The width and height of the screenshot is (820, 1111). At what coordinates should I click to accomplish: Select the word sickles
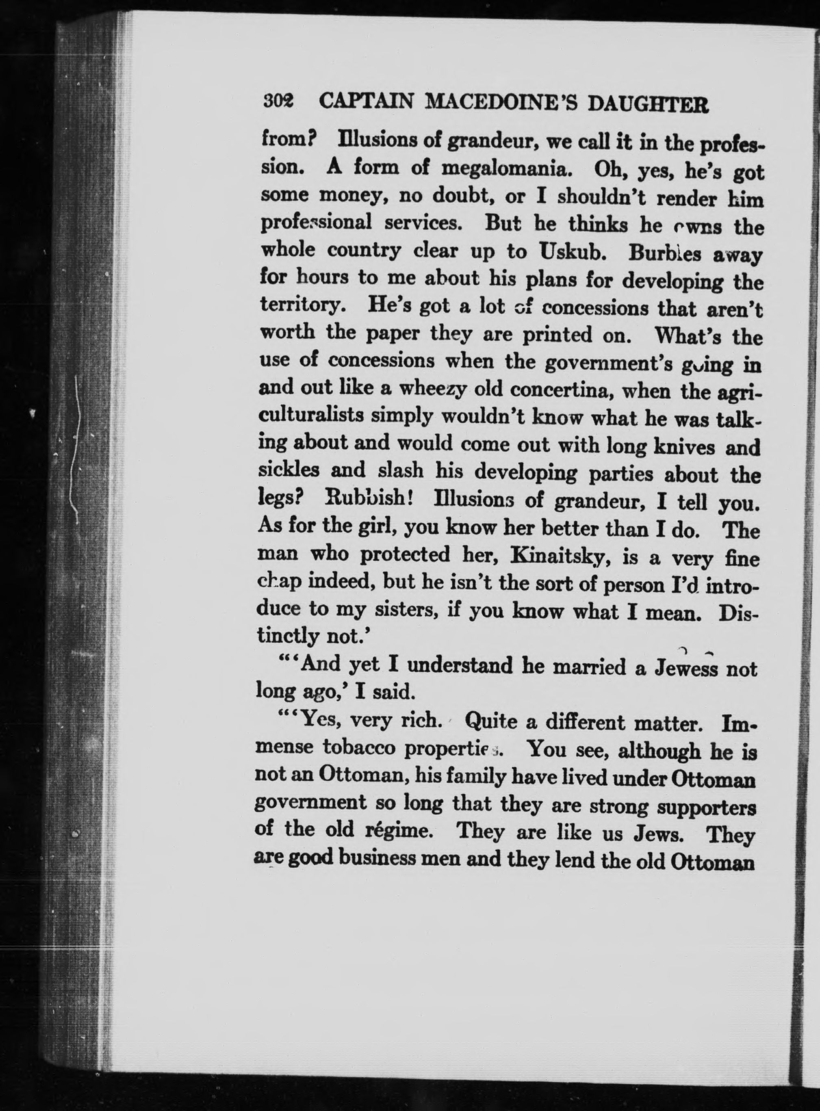point(289,470)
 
